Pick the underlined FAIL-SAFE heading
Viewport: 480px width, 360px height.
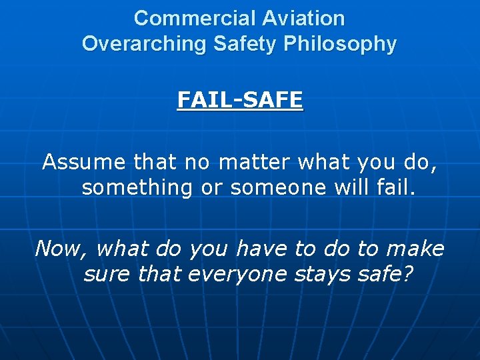(240, 100)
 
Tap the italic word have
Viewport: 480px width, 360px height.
(259, 249)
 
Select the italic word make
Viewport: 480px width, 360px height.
(415, 249)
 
